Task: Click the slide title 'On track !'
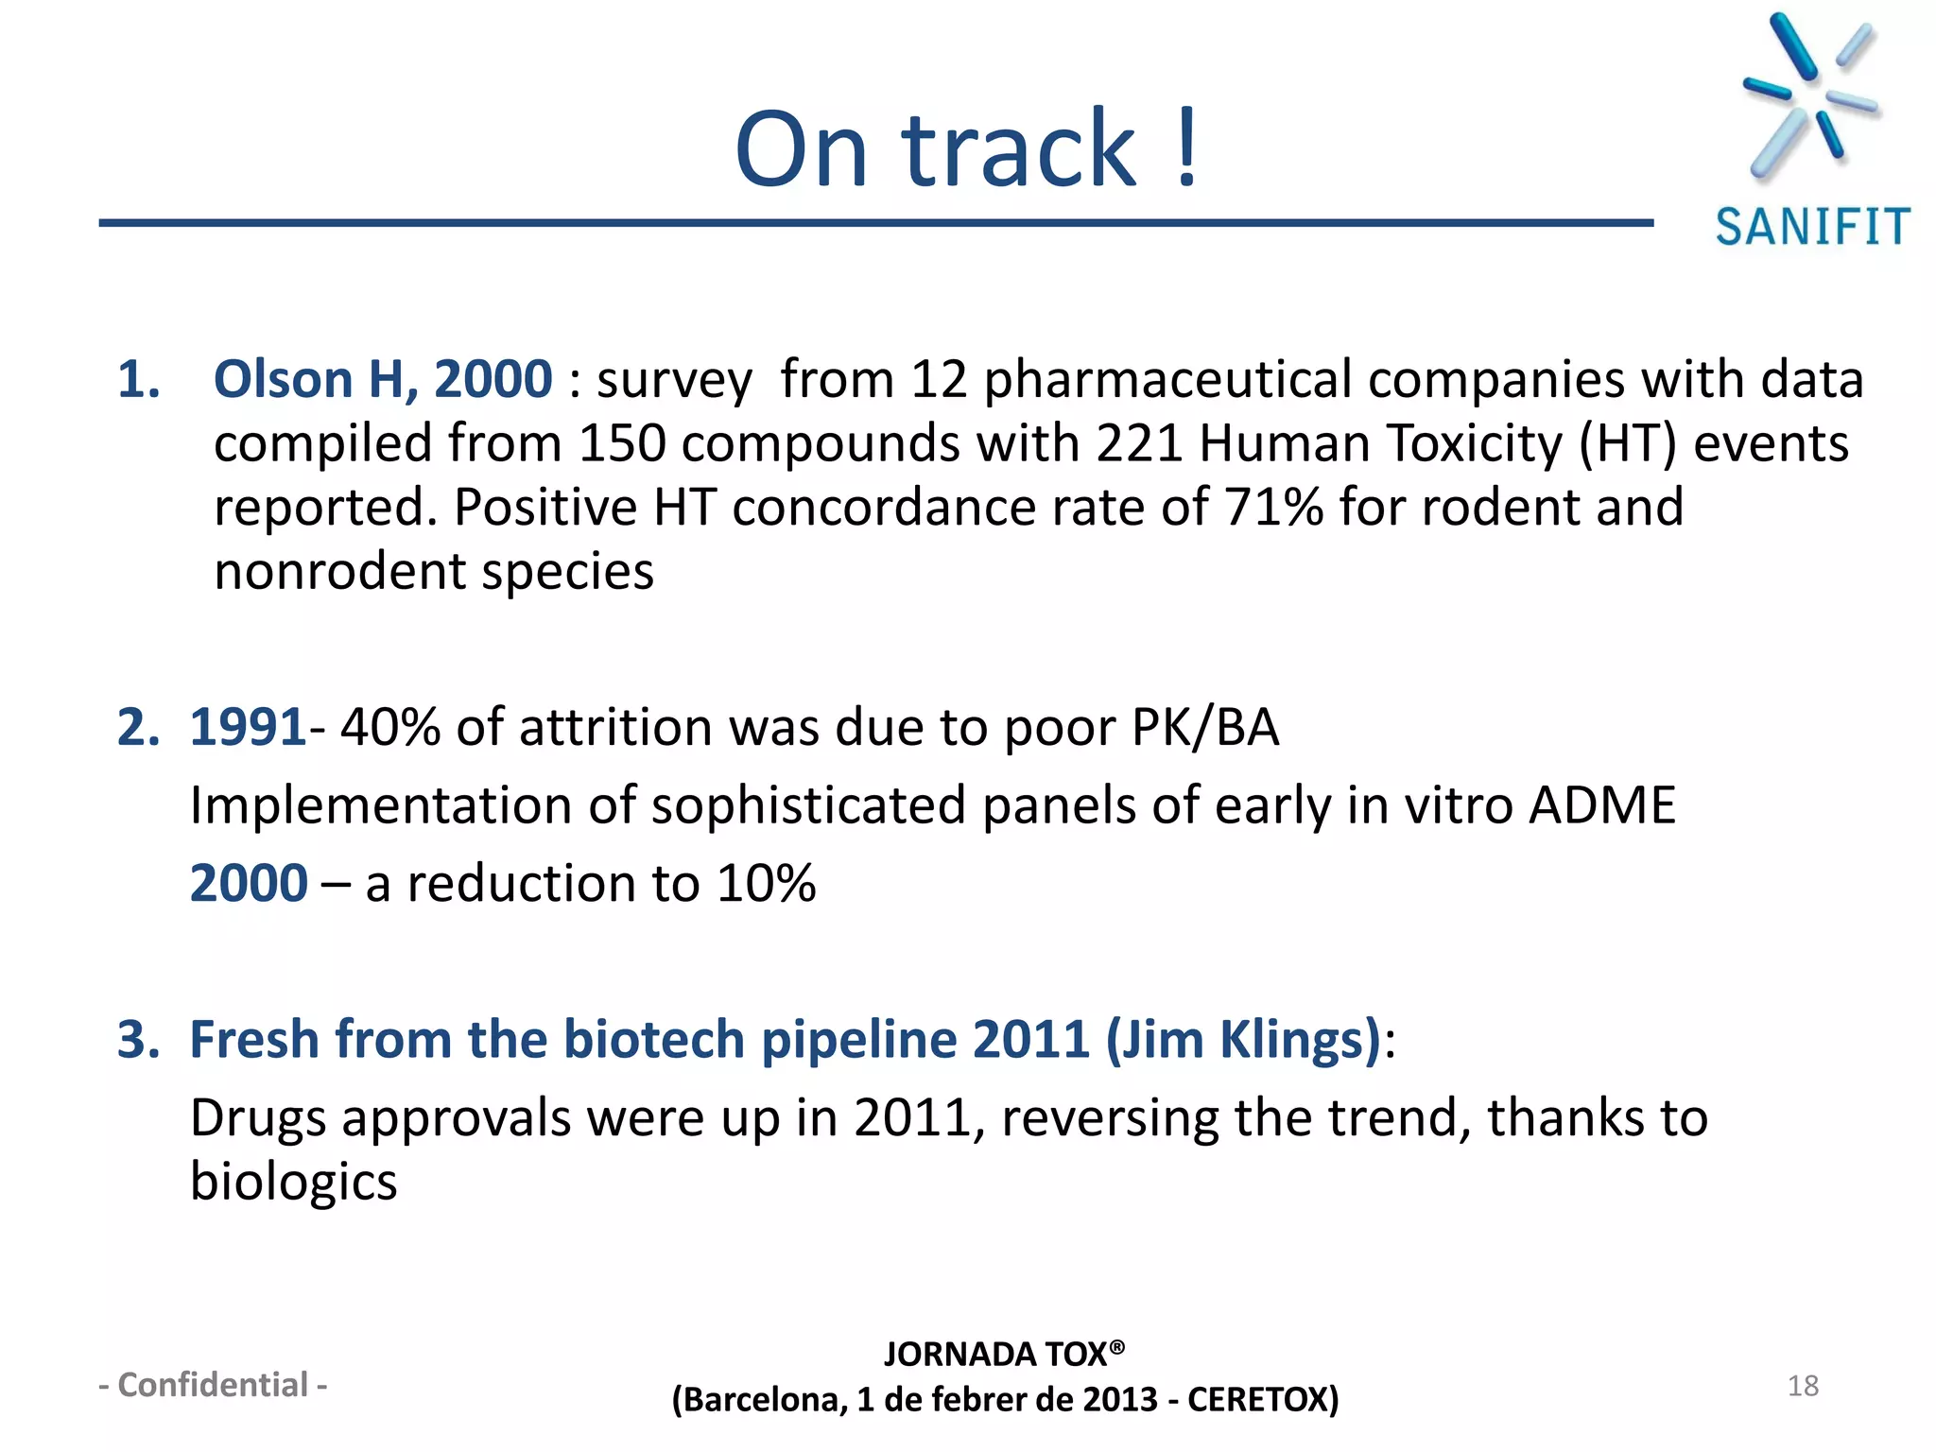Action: point(966,148)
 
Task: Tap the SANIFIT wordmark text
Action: point(1812,228)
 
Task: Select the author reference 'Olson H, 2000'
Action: point(383,380)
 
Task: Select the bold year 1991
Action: point(248,728)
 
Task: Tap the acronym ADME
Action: point(1602,805)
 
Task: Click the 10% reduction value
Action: point(765,884)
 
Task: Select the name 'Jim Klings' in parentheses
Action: point(1244,1040)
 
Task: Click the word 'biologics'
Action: point(293,1183)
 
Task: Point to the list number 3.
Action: point(138,1040)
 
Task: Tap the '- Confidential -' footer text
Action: point(214,1385)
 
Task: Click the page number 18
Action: point(1803,1386)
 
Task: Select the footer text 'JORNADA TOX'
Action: point(994,1355)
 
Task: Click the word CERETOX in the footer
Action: point(1261,1400)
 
